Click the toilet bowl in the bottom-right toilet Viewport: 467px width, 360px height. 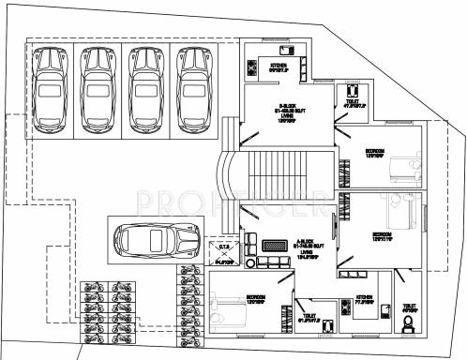pyautogui.click(x=408, y=326)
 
